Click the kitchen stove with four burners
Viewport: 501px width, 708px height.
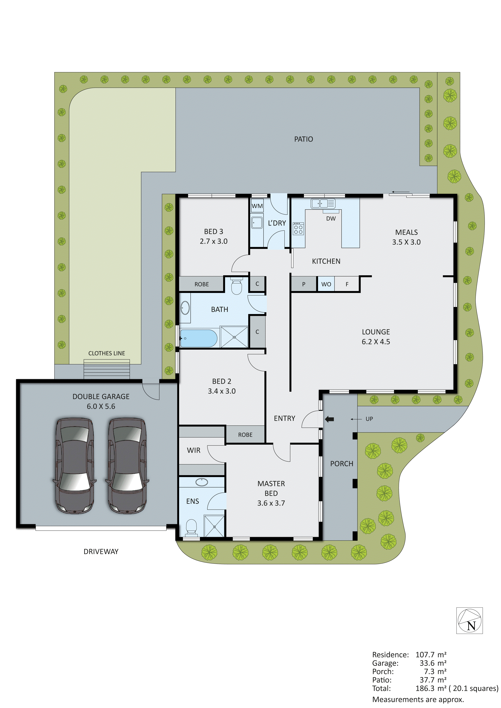tap(298, 228)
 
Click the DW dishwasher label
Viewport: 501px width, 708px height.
tap(331, 219)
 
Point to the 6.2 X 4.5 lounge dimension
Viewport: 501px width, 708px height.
tap(376, 342)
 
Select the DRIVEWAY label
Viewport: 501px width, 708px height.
tap(101, 552)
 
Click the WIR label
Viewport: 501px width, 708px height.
tap(194, 450)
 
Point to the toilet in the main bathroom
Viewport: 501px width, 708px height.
tap(237, 286)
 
